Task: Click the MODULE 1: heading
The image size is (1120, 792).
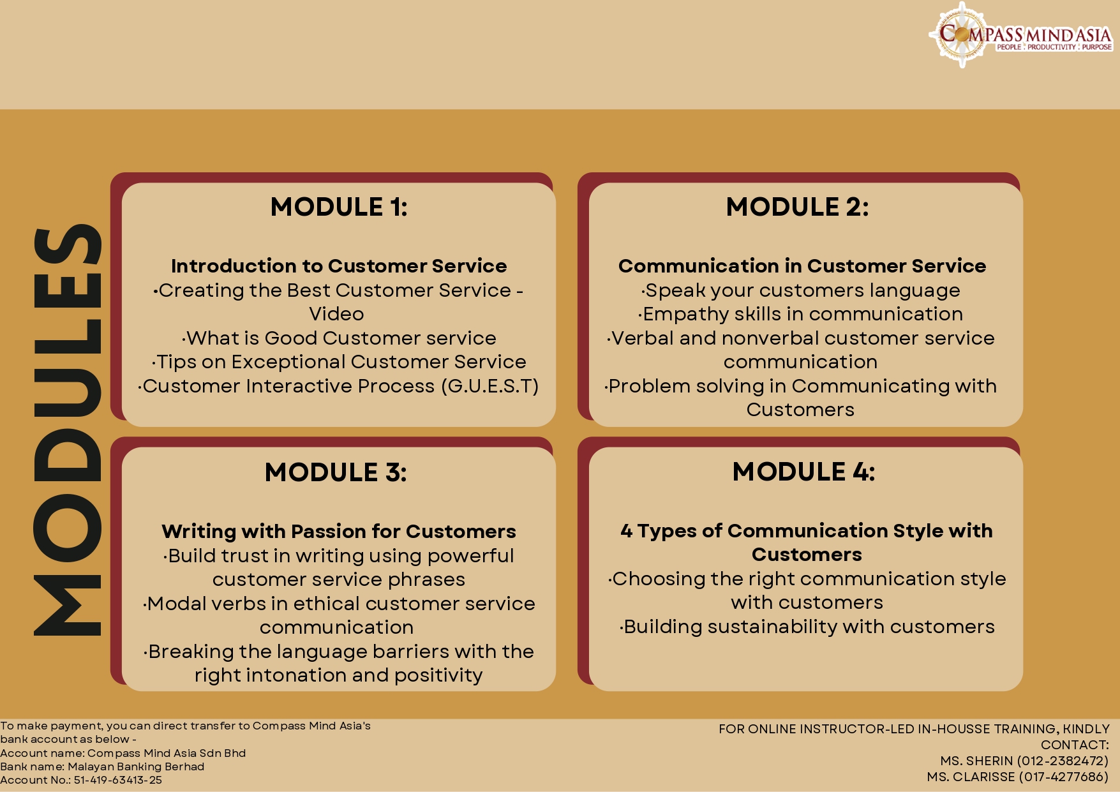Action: point(339,207)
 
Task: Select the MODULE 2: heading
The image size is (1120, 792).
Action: point(797,207)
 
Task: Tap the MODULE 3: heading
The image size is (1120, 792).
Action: point(336,472)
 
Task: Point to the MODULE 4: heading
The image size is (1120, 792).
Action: point(803,472)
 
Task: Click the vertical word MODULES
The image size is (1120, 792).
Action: point(68,430)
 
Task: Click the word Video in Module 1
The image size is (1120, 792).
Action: point(336,314)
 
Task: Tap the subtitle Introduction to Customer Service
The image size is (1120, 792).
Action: point(339,265)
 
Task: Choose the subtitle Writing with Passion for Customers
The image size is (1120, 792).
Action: point(339,531)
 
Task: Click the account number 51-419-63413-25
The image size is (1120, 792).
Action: point(118,780)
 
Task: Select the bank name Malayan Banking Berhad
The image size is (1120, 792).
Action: point(136,766)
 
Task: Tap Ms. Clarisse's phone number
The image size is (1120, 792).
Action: point(1064,777)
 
